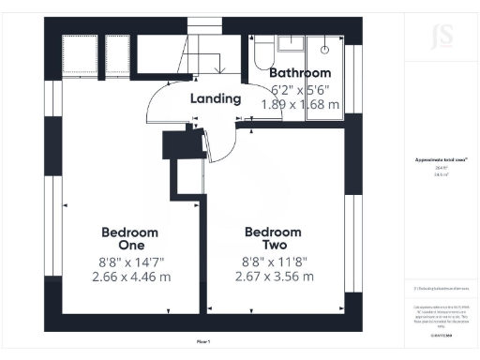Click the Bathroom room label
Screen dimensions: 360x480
[x=300, y=73]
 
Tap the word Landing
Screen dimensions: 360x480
[x=216, y=98]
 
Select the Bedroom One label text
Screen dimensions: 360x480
[x=129, y=239]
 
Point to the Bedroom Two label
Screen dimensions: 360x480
[x=273, y=239]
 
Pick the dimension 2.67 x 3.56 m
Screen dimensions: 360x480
[x=273, y=277]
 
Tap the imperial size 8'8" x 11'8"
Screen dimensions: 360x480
[x=273, y=262]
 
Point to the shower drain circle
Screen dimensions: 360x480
[x=325, y=47]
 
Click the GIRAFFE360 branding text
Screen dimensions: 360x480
[x=440, y=327]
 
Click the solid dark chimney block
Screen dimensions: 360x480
[x=178, y=148]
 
